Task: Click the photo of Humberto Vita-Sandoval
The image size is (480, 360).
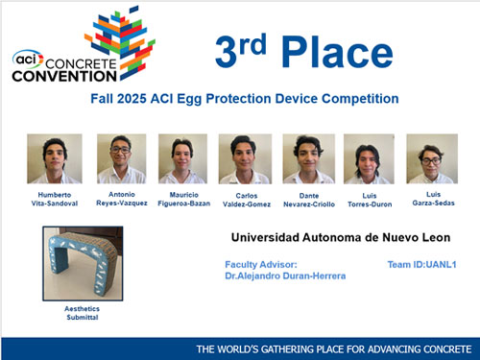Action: [55, 158]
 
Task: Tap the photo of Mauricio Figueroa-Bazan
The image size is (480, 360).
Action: [181, 158]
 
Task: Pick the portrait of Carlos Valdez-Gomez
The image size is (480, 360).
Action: [245, 158]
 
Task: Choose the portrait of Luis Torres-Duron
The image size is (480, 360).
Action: [369, 158]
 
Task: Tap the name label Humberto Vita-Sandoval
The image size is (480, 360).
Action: [55, 199]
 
